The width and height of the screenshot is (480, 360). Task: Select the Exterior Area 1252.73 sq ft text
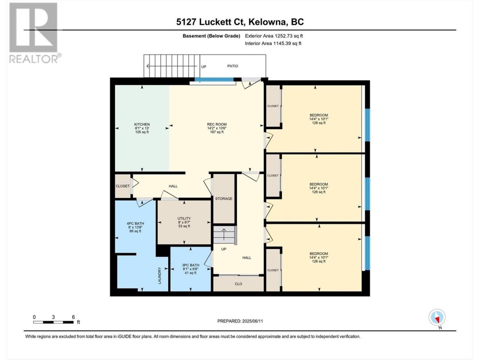(x=274, y=36)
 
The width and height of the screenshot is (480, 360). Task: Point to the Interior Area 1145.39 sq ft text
(x=273, y=43)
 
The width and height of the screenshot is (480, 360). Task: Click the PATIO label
(x=232, y=66)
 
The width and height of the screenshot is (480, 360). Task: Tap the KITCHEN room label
(x=142, y=124)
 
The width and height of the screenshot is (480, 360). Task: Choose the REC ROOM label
(x=217, y=124)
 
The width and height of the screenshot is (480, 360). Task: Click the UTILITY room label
(x=184, y=218)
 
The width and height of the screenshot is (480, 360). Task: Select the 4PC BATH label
(x=135, y=223)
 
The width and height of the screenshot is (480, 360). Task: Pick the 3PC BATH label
(x=190, y=265)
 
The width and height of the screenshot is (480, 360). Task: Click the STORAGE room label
(x=224, y=199)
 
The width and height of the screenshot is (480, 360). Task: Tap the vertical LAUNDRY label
(x=159, y=276)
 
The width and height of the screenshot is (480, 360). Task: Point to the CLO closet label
(x=238, y=284)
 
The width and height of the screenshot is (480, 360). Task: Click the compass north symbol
(x=437, y=318)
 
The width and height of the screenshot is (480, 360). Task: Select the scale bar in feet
(x=53, y=322)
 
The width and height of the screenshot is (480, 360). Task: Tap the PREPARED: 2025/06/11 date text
(x=240, y=321)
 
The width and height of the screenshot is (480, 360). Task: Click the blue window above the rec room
(x=214, y=79)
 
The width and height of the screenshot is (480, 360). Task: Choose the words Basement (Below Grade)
(x=211, y=36)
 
